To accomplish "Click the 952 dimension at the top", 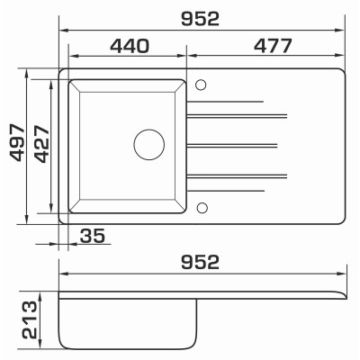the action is (200, 19).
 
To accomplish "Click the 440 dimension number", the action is (130, 46).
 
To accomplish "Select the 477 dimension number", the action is (273, 46).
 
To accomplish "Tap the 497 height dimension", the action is (17, 143).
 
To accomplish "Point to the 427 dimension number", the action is (41, 144).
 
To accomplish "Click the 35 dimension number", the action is (93, 236).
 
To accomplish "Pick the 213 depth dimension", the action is (30, 320).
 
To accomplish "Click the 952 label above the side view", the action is (200, 262).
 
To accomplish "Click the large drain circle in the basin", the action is (149, 145).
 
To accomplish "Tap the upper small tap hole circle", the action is (201, 85).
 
